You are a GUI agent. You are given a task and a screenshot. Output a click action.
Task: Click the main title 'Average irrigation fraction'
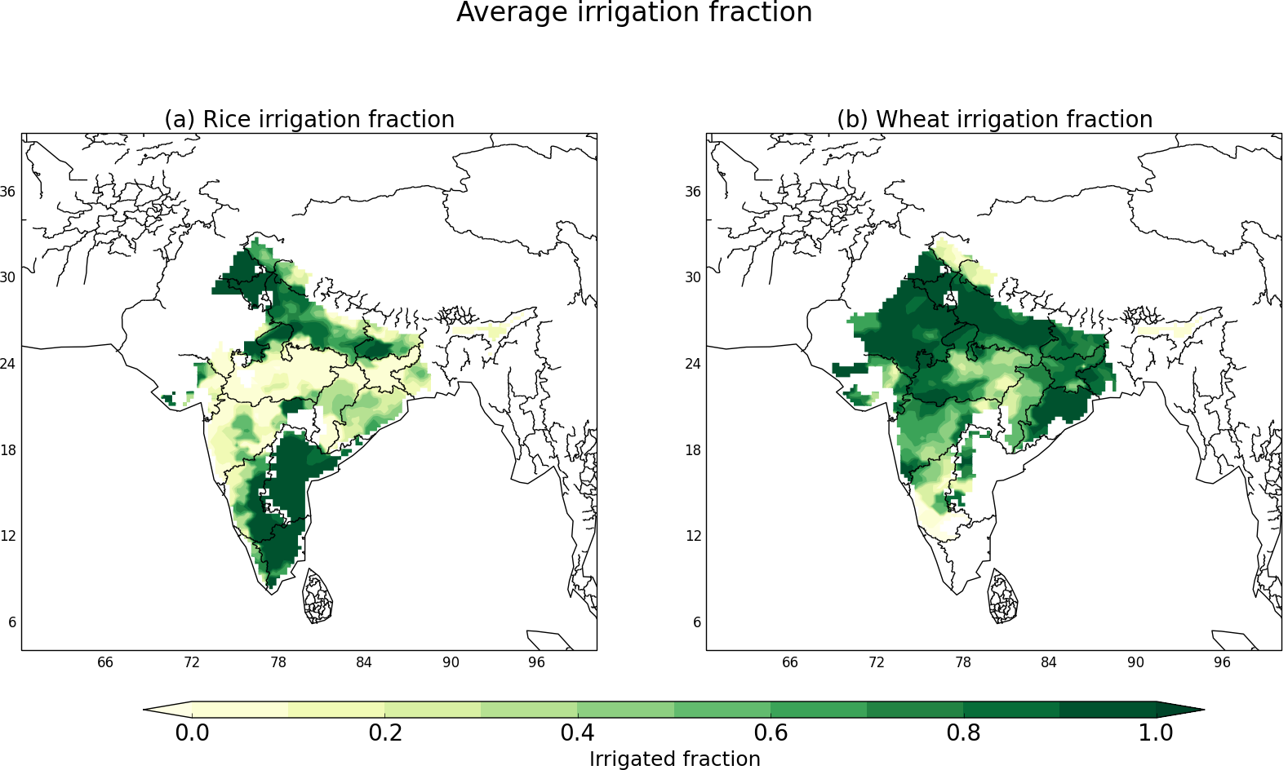[x=634, y=13]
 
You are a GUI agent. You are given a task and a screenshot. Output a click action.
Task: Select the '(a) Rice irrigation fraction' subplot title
[x=309, y=119]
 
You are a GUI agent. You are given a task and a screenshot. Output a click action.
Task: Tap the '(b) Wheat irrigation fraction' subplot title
[x=994, y=119]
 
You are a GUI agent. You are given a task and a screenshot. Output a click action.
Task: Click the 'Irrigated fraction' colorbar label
[x=674, y=759]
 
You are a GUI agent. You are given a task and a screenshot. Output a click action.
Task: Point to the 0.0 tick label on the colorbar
[x=192, y=732]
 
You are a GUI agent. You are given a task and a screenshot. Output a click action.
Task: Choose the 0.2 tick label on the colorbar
[x=385, y=732]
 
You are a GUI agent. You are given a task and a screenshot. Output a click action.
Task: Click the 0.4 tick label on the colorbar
[x=577, y=732]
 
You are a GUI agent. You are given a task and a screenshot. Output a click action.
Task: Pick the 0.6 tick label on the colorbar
[x=771, y=732]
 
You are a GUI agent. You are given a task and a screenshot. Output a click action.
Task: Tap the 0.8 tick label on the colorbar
[x=963, y=732]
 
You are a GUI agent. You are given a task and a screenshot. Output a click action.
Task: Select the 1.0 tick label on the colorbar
[x=1156, y=732]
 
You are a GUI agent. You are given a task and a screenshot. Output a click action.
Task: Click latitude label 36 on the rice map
[x=7, y=192]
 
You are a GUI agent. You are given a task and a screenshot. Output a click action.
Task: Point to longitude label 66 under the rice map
[x=105, y=662]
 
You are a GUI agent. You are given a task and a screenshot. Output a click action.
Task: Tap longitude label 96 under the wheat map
[x=1221, y=662]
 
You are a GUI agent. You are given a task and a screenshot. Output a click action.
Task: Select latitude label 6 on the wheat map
[x=697, y=622]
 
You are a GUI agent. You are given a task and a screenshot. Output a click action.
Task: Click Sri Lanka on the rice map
[x=318, y=596]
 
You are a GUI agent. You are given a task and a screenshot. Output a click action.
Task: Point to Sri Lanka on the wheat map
[x=1002, y=596]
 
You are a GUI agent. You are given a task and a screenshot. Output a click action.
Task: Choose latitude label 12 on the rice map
[x=7, y=536]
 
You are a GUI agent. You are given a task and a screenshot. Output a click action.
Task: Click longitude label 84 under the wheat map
[x=1048, y=662]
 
